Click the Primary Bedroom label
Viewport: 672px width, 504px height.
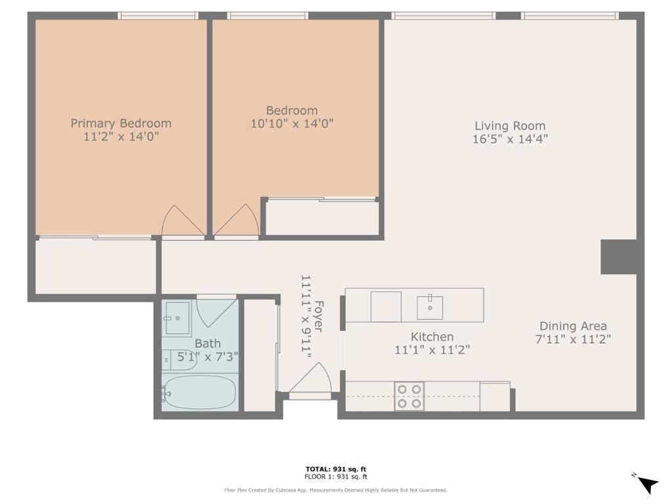[x=121, y=123]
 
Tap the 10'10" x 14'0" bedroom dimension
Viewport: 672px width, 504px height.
[x=292, y=124]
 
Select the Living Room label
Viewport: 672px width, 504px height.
[x=510, y=125]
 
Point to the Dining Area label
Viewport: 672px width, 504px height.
[x=573, y=326]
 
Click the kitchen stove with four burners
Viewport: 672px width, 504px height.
[x=409, y=396]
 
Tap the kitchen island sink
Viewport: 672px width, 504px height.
[x=430, y=307]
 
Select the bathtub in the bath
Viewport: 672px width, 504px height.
[x=199, y=392]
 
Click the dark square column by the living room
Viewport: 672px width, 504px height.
[x=619, y=257]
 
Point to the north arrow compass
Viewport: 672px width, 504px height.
[x=646, y=484]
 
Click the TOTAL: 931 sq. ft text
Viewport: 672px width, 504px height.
[x=336, y=469]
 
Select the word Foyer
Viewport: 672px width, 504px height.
[x=318, y=316]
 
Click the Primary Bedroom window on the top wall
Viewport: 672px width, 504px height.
[x=158, y=16]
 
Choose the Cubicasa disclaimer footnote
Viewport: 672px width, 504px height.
[x=335, y=490]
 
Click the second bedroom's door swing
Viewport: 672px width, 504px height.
[x=236, y=220]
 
